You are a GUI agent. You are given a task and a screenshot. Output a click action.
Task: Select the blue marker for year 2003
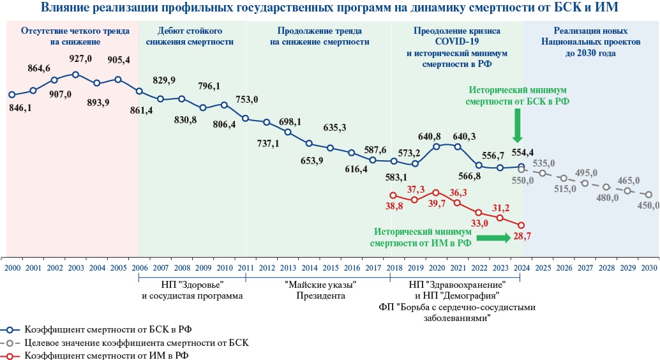click(x=75, y=75)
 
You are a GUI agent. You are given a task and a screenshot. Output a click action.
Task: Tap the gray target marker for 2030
click(x=649, y=195)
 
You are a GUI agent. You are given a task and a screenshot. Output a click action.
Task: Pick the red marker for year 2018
click(x=393, y=195)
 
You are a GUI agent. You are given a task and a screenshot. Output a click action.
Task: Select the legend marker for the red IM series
click(x=10, y=355)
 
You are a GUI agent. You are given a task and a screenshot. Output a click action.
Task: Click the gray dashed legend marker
click(x=10, y=343)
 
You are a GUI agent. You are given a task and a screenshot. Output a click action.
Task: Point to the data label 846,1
click(x=20, y=109)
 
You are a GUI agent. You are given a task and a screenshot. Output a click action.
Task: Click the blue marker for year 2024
click(x=521, y=167)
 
